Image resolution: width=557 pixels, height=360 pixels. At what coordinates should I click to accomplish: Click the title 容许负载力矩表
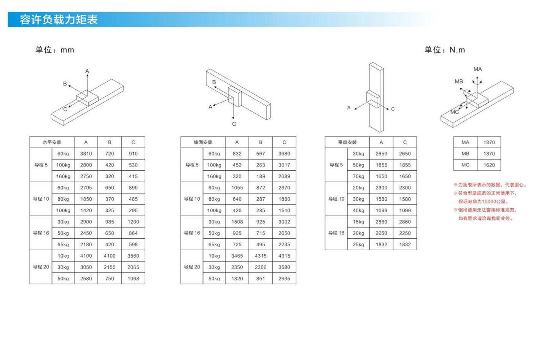pos(59,20)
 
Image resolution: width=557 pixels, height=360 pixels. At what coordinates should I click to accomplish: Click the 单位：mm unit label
pos(55,50)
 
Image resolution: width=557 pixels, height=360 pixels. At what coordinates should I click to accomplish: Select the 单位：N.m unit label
pos(445,50)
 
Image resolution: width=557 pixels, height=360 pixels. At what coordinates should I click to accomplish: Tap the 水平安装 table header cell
pos(52,142)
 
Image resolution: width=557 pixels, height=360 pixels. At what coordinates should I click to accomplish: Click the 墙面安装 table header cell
pos(203,142)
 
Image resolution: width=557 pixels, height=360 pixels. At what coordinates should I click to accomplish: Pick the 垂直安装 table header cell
pos(347,142)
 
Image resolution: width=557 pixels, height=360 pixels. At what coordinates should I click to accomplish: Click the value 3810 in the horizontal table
pos(86,154)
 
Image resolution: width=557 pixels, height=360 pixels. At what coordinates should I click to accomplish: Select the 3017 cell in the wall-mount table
pos(284,165)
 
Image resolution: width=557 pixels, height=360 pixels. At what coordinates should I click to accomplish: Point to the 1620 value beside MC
pos(489,165)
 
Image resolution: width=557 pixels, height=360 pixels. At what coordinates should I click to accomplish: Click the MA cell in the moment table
pos(465,142)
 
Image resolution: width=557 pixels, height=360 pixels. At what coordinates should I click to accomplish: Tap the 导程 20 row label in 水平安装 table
pos(41,267)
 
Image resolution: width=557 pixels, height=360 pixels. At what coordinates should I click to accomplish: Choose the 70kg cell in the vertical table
pos(358,176)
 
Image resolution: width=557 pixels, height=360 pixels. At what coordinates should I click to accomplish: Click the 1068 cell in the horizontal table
pos(133,279)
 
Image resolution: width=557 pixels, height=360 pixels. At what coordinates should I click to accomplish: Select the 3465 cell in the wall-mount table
pos(237,256)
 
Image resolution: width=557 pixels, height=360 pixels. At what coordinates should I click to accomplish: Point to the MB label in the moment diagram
pos(459,81)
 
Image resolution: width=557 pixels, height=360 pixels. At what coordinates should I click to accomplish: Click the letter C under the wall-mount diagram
pos(234,124)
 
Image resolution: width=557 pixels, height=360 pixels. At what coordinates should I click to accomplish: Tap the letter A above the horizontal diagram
pos(87,71)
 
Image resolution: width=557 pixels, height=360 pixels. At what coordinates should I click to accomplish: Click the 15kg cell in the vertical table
pos(358,222)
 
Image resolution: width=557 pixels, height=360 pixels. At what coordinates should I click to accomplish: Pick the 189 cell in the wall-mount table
pos(261,176)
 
